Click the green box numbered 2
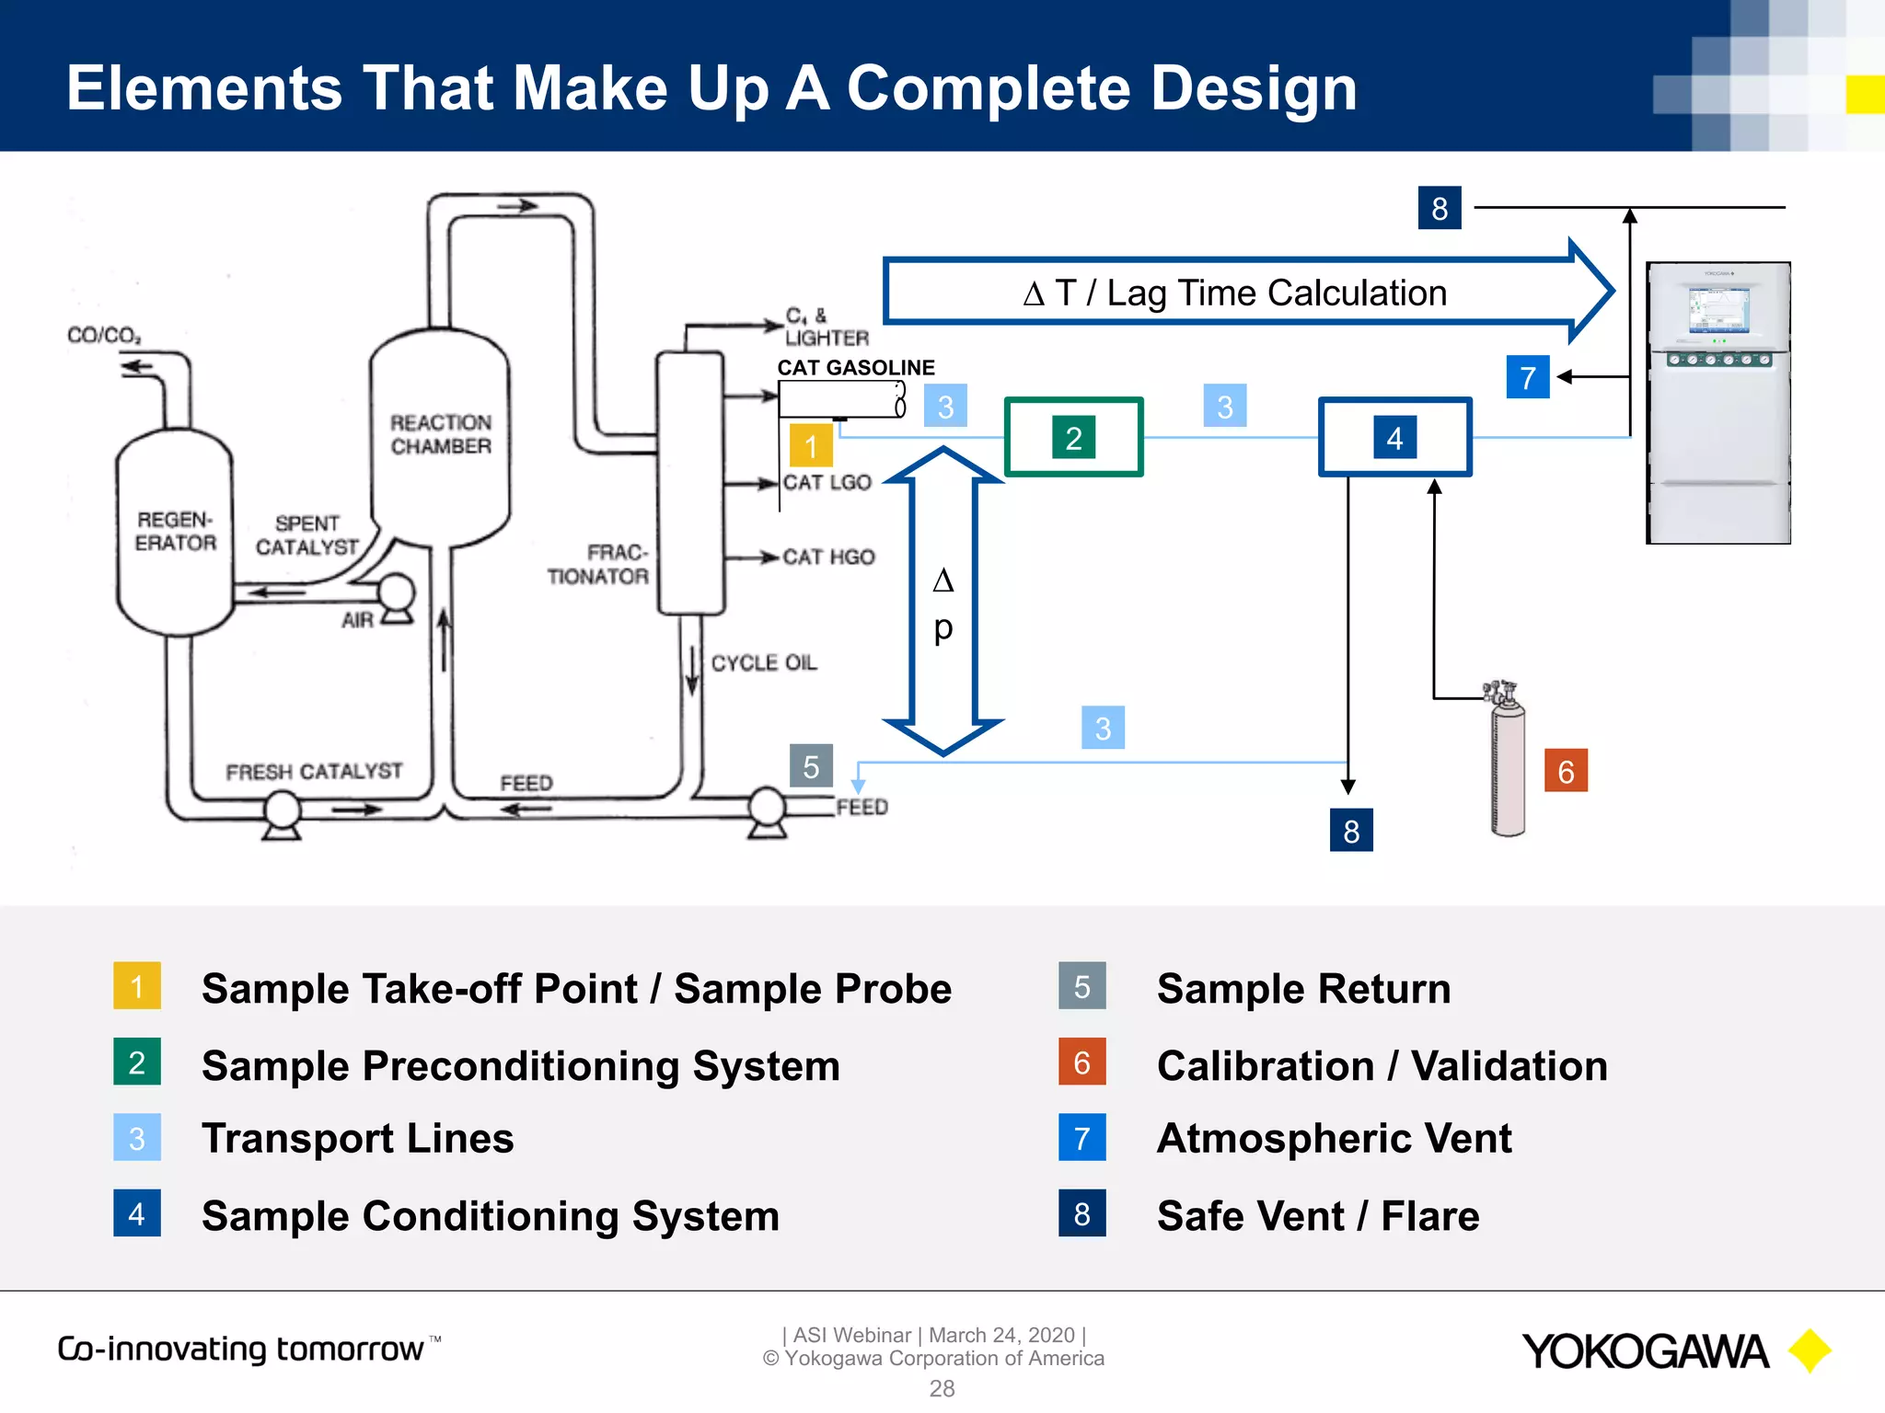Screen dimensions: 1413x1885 click(1073, 438)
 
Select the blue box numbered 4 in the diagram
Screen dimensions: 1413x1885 click(1394, 438)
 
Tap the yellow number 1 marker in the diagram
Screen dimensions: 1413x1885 click(811, 446)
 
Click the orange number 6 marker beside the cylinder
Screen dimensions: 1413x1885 click(1566, 771)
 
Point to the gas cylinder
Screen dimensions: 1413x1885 click(1507, 764)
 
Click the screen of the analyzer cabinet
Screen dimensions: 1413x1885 click(1717, 310)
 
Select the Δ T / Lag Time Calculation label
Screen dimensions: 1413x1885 click(1234, 293)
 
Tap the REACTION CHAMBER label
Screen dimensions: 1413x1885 click(441, 434)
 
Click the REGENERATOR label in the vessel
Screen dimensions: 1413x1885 click(175, 532)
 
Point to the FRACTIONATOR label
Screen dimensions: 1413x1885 click(598, 564)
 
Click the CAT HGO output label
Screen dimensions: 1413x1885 click(828, 557)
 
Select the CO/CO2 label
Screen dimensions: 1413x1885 click(104, 335)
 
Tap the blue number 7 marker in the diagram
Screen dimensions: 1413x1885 click(1528, 377)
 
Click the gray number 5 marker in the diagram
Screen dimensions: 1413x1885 click(811, 766)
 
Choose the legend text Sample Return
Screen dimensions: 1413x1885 click(1303, 989)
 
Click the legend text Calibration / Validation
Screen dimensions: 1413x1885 click(1382, 1066)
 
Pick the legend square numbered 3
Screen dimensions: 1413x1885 click(137, 1138)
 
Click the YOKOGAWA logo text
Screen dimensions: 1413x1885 click(1645, 1351)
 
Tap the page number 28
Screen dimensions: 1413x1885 click(942, 1388)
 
